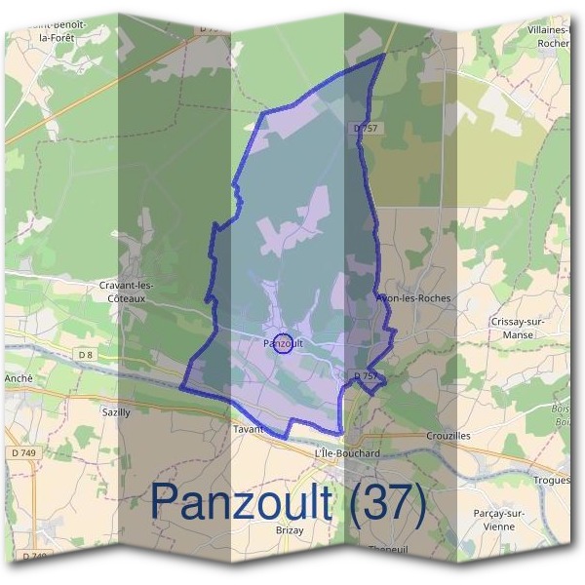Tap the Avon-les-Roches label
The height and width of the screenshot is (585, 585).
coord(413,298)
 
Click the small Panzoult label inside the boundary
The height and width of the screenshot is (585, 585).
coord(283,343)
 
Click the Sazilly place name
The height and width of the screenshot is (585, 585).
coord(116,412)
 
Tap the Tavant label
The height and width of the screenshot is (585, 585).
coord(249,429)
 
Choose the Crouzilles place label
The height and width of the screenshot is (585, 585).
coord(448,436)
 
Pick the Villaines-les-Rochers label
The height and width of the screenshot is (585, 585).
coord(552,36)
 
